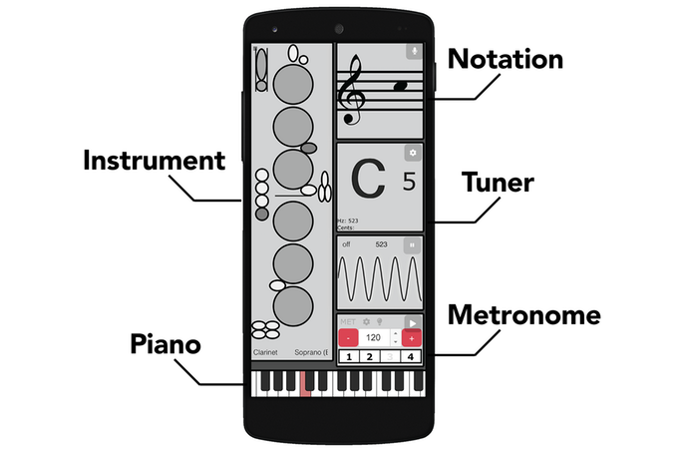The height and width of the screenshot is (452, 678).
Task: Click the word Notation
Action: [506, 59]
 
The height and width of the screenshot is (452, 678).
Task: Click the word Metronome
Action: [523, 316]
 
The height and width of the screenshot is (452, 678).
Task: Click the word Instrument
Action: [154, 161]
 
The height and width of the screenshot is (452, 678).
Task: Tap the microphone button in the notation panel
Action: [414, 50]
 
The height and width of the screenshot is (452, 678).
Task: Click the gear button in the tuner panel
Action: [413, 154]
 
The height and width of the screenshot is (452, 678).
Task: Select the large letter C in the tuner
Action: [368, 184]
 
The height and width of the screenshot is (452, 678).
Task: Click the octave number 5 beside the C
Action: [408, 183]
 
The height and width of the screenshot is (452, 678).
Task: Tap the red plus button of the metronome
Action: [413, 339]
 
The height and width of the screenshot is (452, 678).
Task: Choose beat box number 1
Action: [348, 357]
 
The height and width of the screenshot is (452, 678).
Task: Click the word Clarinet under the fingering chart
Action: [265, 353]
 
